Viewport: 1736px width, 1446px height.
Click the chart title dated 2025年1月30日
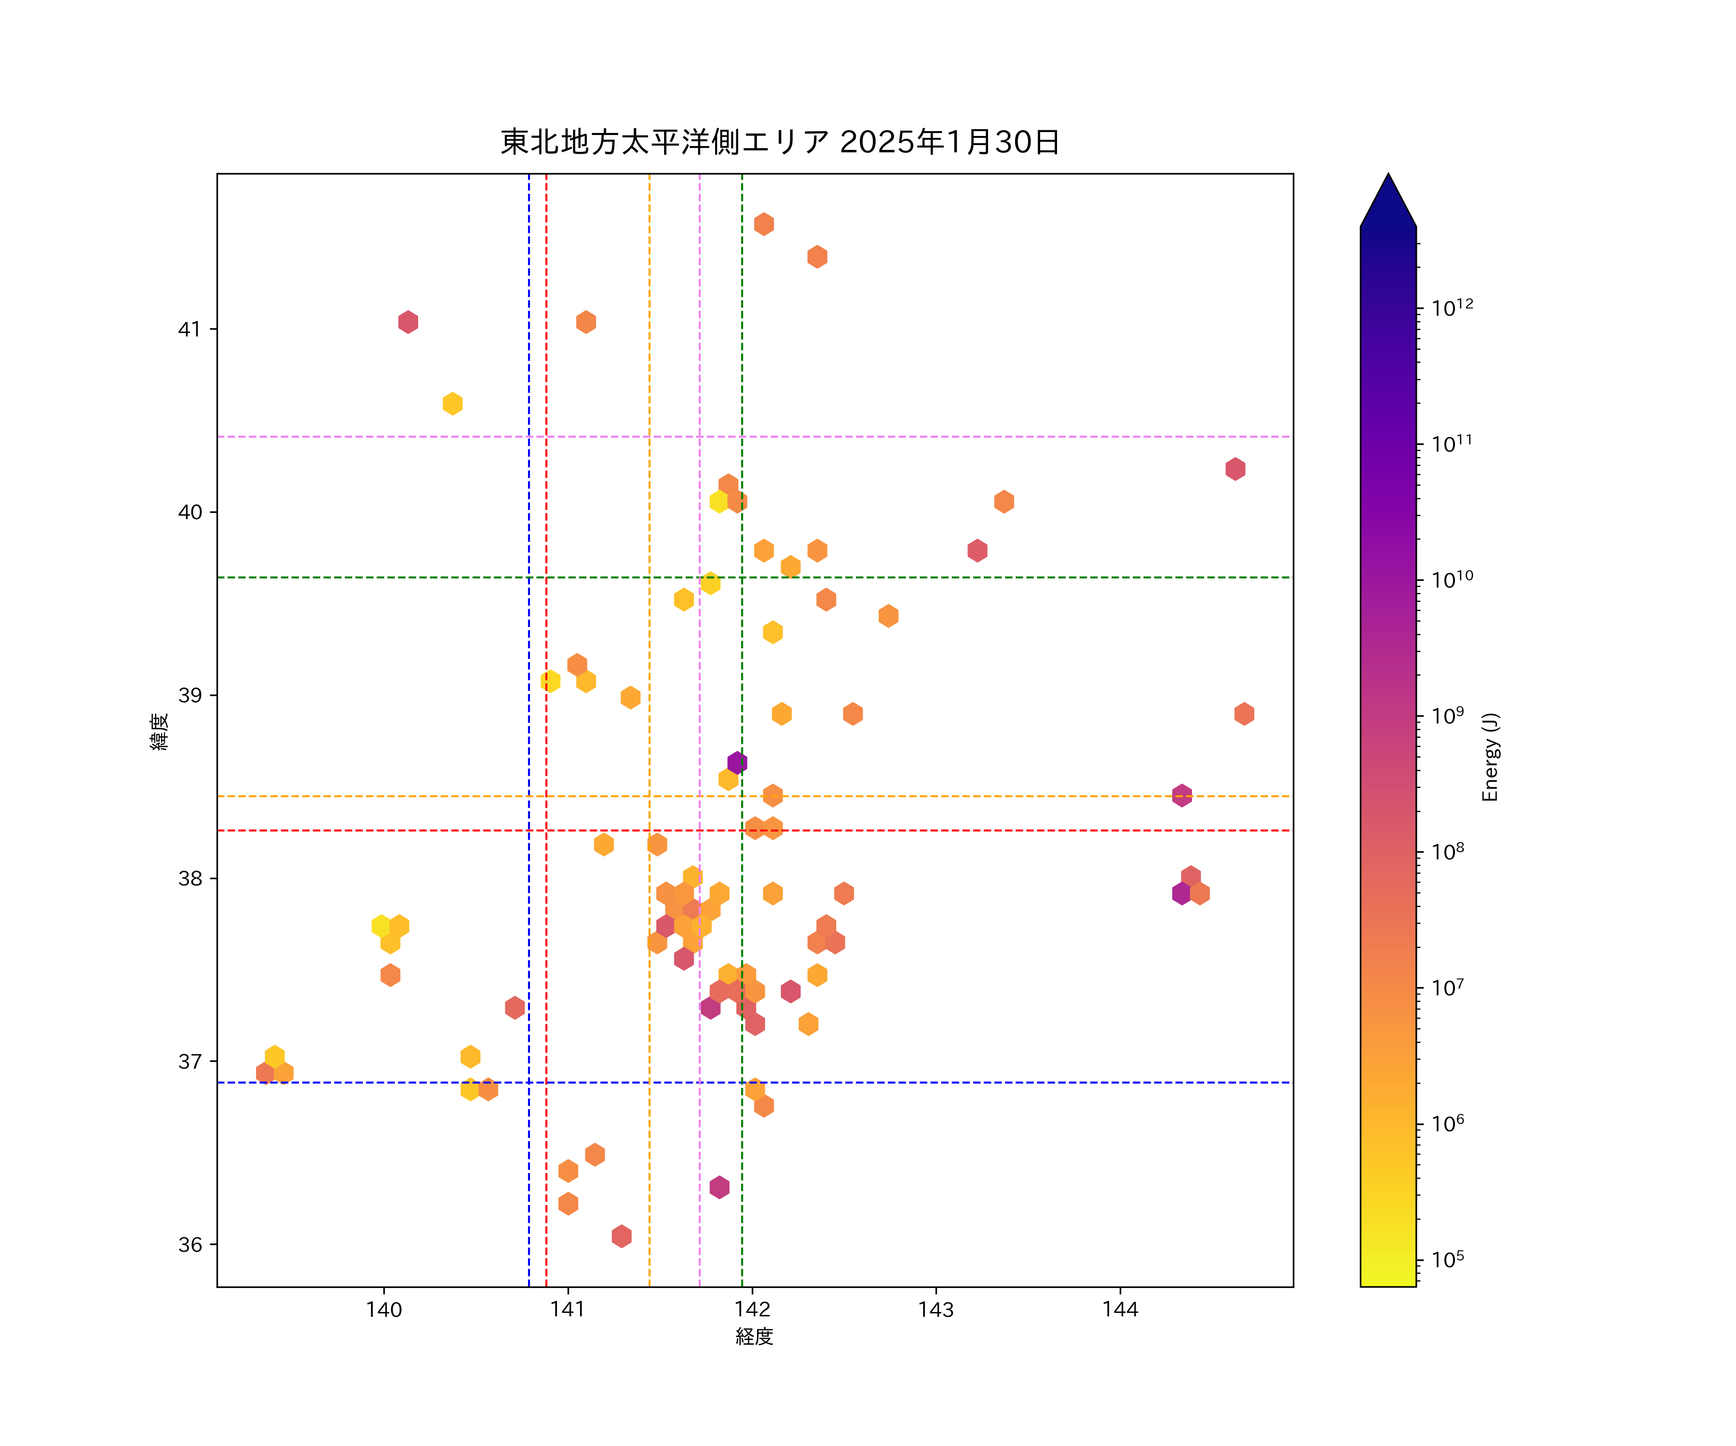click(780, 142)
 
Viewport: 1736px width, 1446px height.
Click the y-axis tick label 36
click(190, 1245)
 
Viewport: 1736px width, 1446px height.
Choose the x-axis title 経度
click(754, 1336)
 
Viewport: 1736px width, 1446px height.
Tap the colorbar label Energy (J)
click(1490, 757)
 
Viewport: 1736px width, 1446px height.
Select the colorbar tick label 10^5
click(1448, 1260)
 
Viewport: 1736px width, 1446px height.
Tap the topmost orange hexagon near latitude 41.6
click(764, 224)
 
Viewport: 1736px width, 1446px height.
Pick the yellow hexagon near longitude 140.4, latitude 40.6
click(452, 404)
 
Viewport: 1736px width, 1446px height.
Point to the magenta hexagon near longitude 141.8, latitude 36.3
click(719, 1187)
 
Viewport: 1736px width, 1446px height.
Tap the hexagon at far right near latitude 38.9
click(1244, 714)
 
